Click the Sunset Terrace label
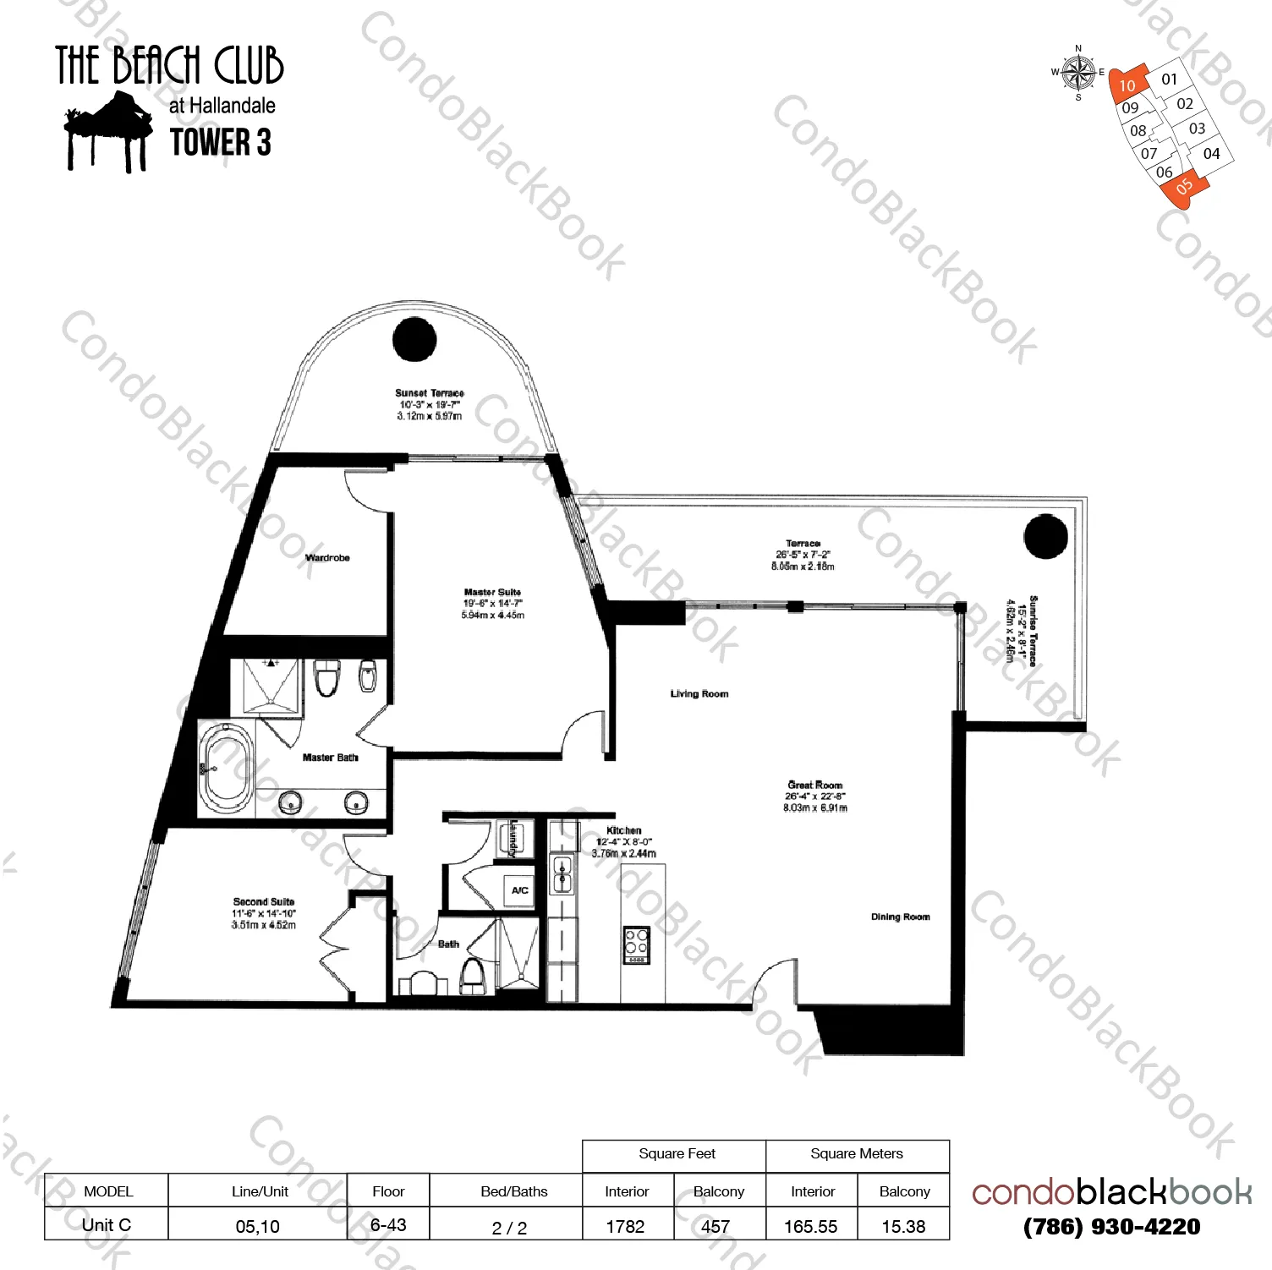tap(430, 393)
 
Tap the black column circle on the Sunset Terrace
tap(414, 339)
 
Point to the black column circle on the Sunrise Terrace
tap(1045, 536)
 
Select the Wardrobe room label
tap(327, 558)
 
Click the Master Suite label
tap(492, 593)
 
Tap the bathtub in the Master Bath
tap(226, 769)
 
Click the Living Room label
tap(699, 694)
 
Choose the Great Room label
tap(815, 786)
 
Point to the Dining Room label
tap(900, 917)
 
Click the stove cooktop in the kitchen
tap(637, 945)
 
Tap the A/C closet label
tap(519, 890)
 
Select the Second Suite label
tap(264, 902)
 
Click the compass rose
tap(1078, 73)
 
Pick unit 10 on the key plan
tap(1127, 85)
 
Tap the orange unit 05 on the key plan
tap(1183, 186)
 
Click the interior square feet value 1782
tap(626, 1226)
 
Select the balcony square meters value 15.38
tap(903, 1226)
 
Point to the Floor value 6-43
tap(388, 1225)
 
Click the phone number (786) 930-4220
tap(1111, 1227)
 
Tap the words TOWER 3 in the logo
tap(221, 142)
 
